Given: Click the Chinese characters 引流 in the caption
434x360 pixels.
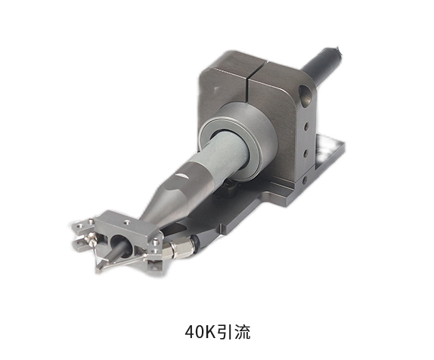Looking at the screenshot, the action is pyautogui.click(x=234, y=332).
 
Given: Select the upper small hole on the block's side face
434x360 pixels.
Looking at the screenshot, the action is pyautogui.click(x=306, y=127).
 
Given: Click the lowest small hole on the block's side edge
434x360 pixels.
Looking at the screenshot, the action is pyautogui.click(x=305, y=180).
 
